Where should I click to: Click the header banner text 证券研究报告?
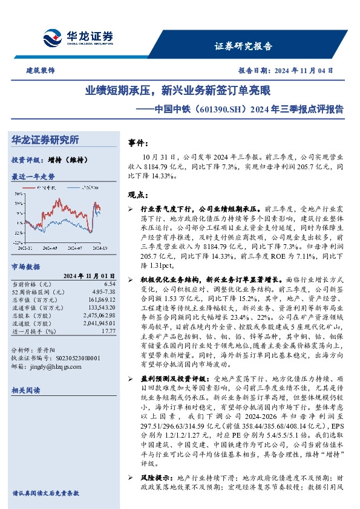coord(243,45)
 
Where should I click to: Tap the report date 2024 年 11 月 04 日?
coord(308,71)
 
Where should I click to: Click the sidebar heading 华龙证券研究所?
coord(45,140)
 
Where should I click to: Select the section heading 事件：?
coord(139,143)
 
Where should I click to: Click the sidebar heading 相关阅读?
coord(26,392)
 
